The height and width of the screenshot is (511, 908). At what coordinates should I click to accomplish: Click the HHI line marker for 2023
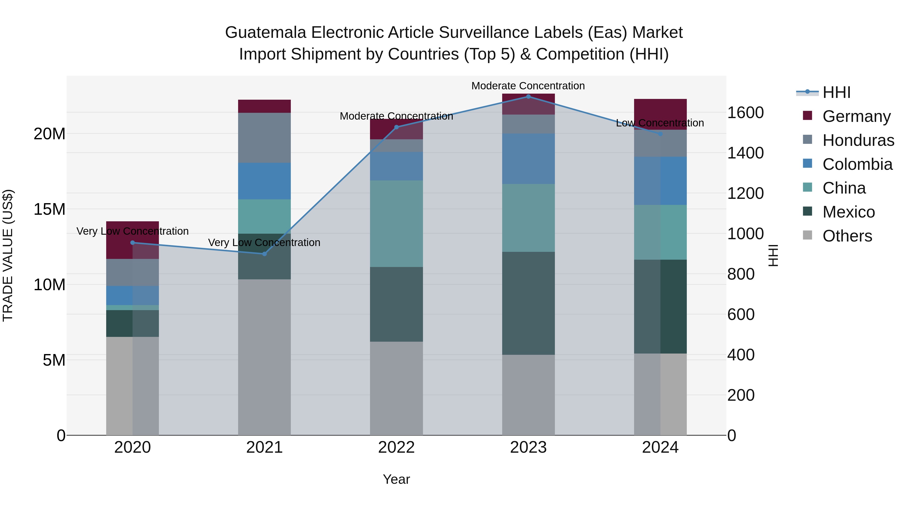click(528, 97)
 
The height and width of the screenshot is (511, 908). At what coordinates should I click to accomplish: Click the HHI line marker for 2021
click(264, 254)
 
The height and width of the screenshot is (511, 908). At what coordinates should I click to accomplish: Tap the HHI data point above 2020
click(132, 243)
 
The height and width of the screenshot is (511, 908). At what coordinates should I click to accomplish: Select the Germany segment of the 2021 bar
click(264, 106)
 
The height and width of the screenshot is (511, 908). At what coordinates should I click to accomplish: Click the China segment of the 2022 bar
click(396, 224)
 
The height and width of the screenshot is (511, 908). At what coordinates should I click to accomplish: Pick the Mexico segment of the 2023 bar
click(528, 303)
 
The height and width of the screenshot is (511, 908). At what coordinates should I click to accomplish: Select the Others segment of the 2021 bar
click(264, 357)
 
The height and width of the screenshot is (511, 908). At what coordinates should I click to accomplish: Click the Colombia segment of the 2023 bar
click(528, 159)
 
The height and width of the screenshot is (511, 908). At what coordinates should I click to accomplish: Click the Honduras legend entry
click(858, 140)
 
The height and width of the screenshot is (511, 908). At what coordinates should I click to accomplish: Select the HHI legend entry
click(836, 92)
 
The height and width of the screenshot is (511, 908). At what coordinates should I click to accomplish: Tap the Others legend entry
click(847, 236)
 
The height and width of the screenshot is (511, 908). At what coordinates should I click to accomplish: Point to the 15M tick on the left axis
click(49, 209)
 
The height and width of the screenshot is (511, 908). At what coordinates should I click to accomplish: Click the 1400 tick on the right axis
click(745, 153)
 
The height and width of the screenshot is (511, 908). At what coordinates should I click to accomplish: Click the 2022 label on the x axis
click(396, 447)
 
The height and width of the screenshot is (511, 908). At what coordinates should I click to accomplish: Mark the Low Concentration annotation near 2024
click(660, 123)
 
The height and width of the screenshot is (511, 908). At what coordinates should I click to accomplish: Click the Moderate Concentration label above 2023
click(528, 86)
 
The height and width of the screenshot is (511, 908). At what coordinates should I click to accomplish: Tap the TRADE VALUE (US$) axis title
click(8, 255)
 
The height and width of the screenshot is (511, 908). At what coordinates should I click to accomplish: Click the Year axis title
click(396, 479)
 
